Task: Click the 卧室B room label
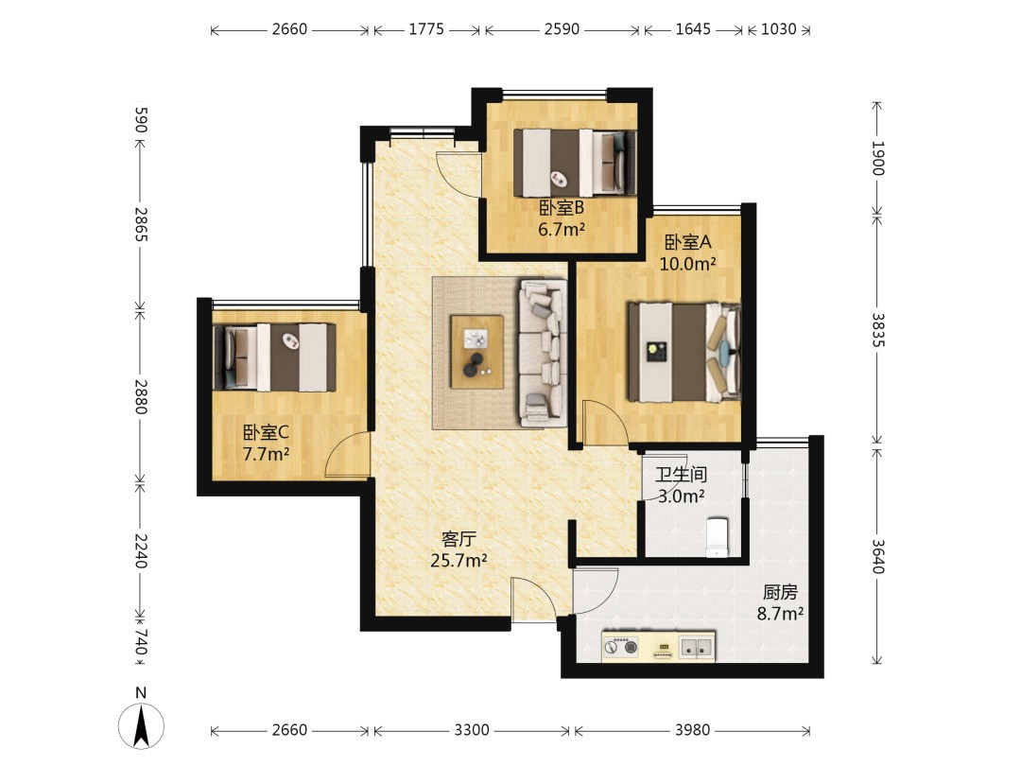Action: [x=562, y=208]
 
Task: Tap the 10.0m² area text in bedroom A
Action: [x=687, y=264]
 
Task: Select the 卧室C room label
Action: [x=266, y=432]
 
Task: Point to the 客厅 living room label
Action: [x=459, y=539]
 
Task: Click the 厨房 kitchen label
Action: [x=779, y=592]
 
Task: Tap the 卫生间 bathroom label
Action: [x=681, y=474]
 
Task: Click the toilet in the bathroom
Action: [x=717, y=537]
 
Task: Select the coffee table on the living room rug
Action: [x=477, y=352]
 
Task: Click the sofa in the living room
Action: [x=543, y=353]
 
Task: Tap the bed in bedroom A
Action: [x=684, y=352]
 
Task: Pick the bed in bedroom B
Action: [x=575, y=163]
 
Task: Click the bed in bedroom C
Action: [x=275, y=357]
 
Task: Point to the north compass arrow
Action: [x=141, y=726]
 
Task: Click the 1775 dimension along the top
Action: [x=426, y=29]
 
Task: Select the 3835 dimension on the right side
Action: [x=877, y=330]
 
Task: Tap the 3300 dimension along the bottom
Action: [x=472, y=729]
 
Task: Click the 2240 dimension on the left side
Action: [x=141, y=551]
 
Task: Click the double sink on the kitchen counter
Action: [x=696, y=647]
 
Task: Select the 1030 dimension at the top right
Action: [x=779, y=29]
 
